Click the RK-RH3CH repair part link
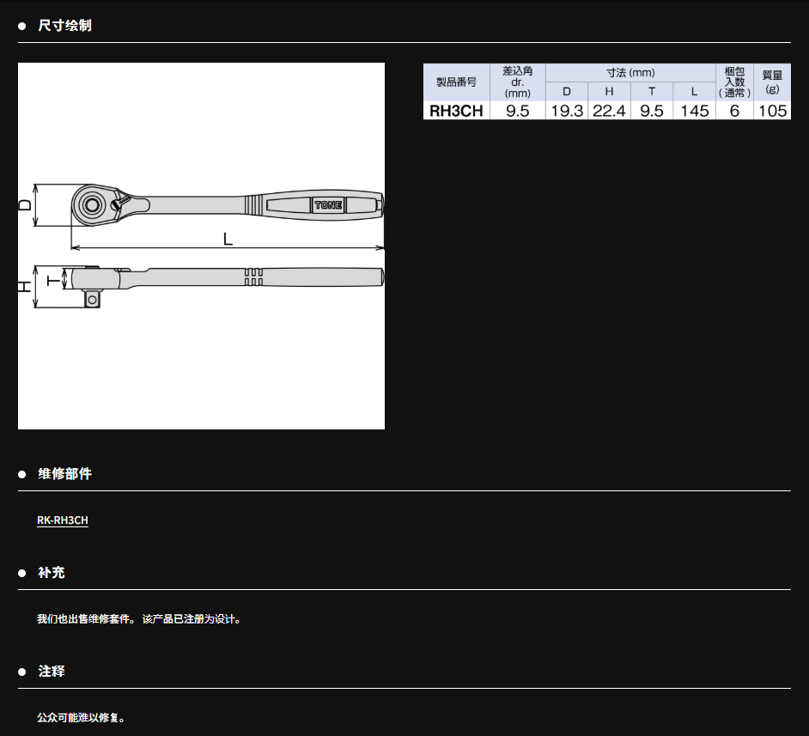click(63, 520)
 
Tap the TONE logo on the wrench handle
click(328, 204)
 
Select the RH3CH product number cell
click(456, 111)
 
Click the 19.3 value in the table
click(567, 111)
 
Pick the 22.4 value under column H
click(609, 111)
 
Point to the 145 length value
click(694, 111)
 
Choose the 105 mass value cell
click(772, 111)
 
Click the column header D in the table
click(567, 91)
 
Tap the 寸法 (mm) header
click(630, 73)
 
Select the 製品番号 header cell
click(456, 82)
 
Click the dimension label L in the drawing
click(228, 239)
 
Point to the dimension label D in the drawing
click(25, 204)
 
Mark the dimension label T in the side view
click(53, 280)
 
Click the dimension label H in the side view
click(25, 287)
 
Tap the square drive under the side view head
click(92, 299)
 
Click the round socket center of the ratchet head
click(92, 205)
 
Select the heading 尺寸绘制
click(64, 25)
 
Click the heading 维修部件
click(64, 474)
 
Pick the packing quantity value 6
click(734, 111)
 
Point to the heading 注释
click(51, 671)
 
